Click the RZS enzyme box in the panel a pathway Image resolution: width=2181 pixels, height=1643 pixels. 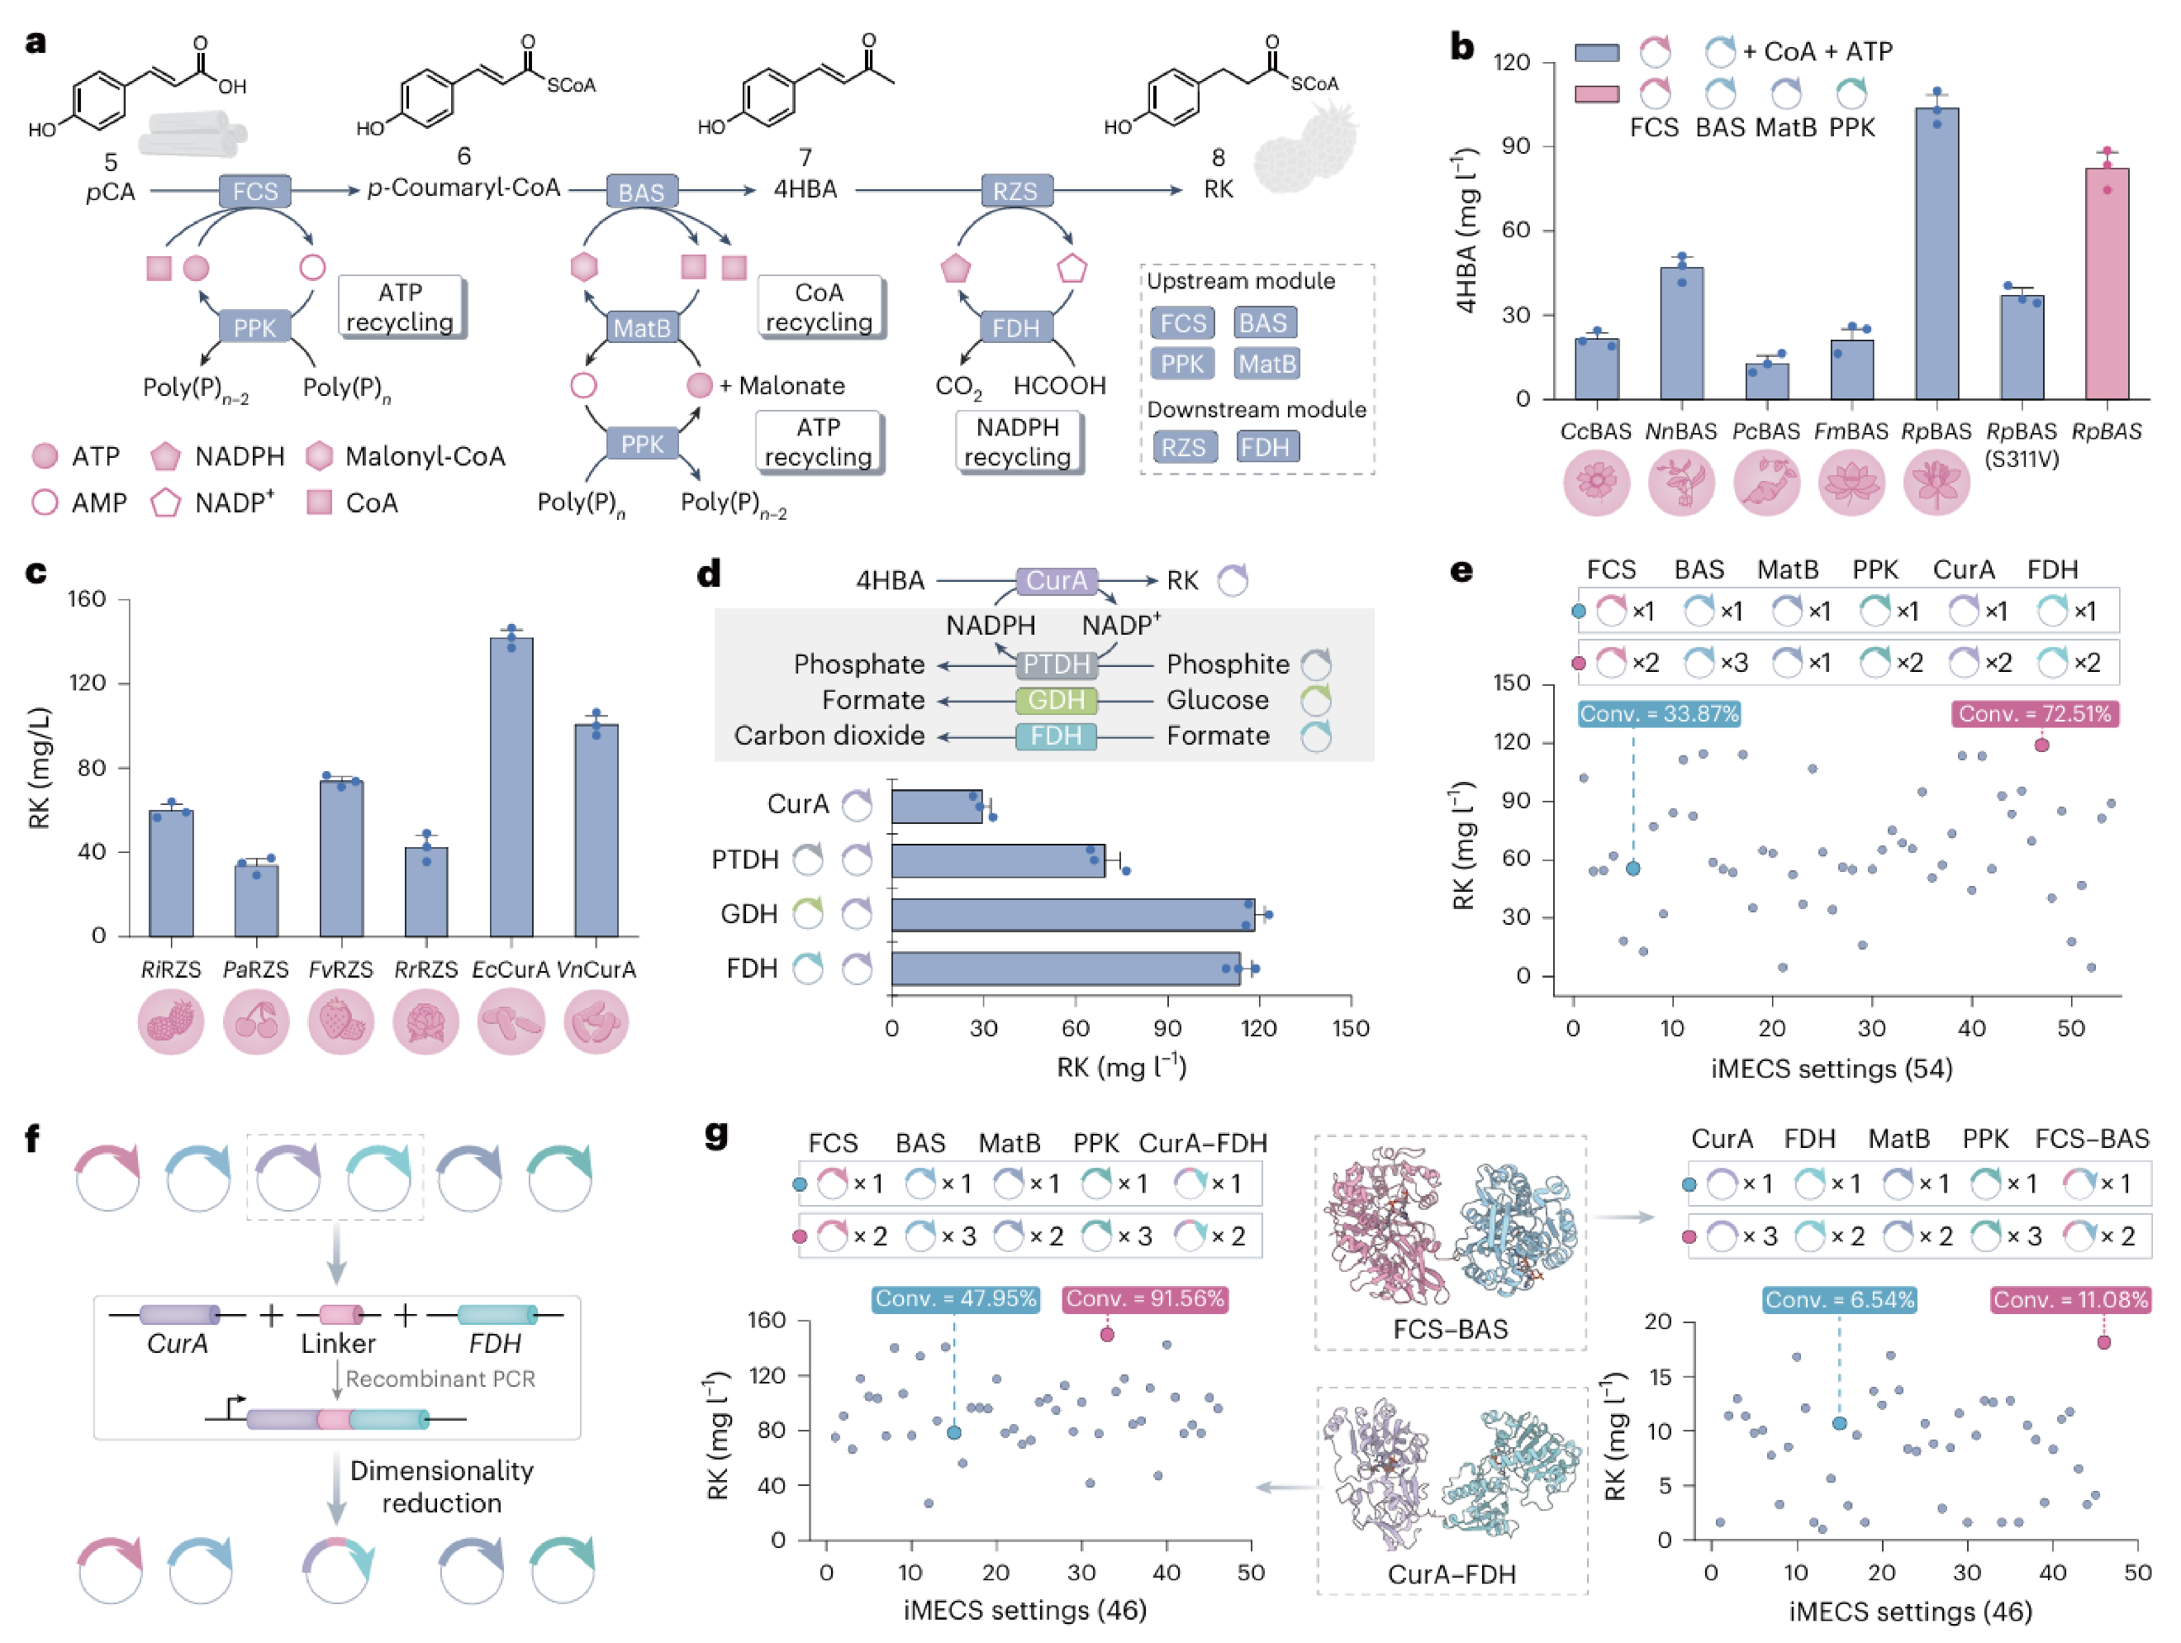(1014, 190)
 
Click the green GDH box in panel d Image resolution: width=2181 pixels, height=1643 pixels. (1056, 700)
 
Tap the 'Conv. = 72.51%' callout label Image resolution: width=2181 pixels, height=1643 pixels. (2034, 714)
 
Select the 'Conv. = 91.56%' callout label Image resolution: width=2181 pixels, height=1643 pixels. (1145, 1299)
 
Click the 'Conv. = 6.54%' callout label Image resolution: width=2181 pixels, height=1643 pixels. (1839, 1300)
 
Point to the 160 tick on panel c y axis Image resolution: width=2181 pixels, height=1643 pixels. (87, 600)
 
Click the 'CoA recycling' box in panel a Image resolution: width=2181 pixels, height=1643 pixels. (819, 307)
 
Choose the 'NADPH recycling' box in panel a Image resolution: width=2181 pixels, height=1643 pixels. (1018, 442)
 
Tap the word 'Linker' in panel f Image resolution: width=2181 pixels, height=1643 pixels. (338, 1343)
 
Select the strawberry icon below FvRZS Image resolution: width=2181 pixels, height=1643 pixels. (341, 1022)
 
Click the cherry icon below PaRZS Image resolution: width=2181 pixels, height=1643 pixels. (256, 1022)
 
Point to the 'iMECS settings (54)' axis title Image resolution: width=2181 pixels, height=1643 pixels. (1831, 1068)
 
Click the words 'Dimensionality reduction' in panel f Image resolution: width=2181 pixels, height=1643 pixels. (442, 1486)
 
